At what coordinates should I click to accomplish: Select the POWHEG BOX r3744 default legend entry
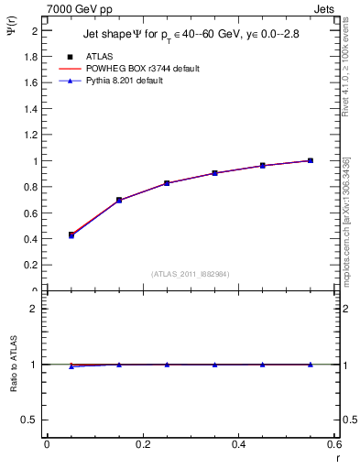pos(142,69)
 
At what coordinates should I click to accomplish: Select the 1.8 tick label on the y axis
pos(30,57)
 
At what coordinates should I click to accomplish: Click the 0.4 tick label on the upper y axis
pos(30,240)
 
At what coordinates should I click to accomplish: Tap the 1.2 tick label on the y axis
pos(30,136)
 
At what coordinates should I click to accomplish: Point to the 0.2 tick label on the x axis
pos(143,445)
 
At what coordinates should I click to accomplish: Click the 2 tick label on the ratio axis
pos(35,309)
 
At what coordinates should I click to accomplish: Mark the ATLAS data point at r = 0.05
pos(71,235)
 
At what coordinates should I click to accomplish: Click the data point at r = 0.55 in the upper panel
pos(311,161)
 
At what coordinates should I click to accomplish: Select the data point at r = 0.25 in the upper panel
pos(167,183)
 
